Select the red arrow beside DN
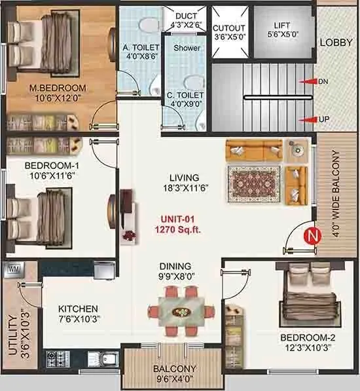(306, 82)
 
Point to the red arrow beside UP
(306, 120)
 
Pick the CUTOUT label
(229, 28)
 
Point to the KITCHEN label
(78, 308)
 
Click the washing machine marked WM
(12, 269)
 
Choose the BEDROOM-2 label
(308, 337)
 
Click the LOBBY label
(336, 43)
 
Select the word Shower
(186, 48)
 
